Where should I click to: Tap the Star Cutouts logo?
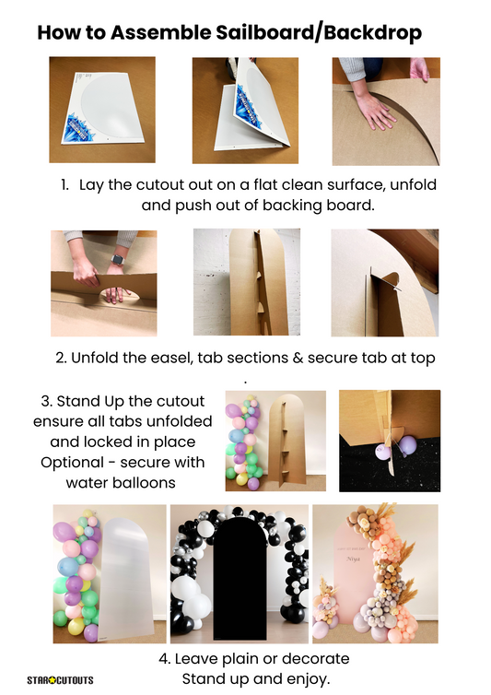(x=60, y=680)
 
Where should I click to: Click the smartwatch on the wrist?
(x=117, y=259)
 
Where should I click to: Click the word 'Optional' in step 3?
(x=72, y=463)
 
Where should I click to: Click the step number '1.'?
(x=65, y=185)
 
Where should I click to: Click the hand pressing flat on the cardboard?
(x=374, y=110)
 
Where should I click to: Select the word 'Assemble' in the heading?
(x=161, y=33)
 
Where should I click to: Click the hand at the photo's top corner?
(x=419, y=69)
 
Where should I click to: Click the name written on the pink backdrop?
(x=353, y=559)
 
